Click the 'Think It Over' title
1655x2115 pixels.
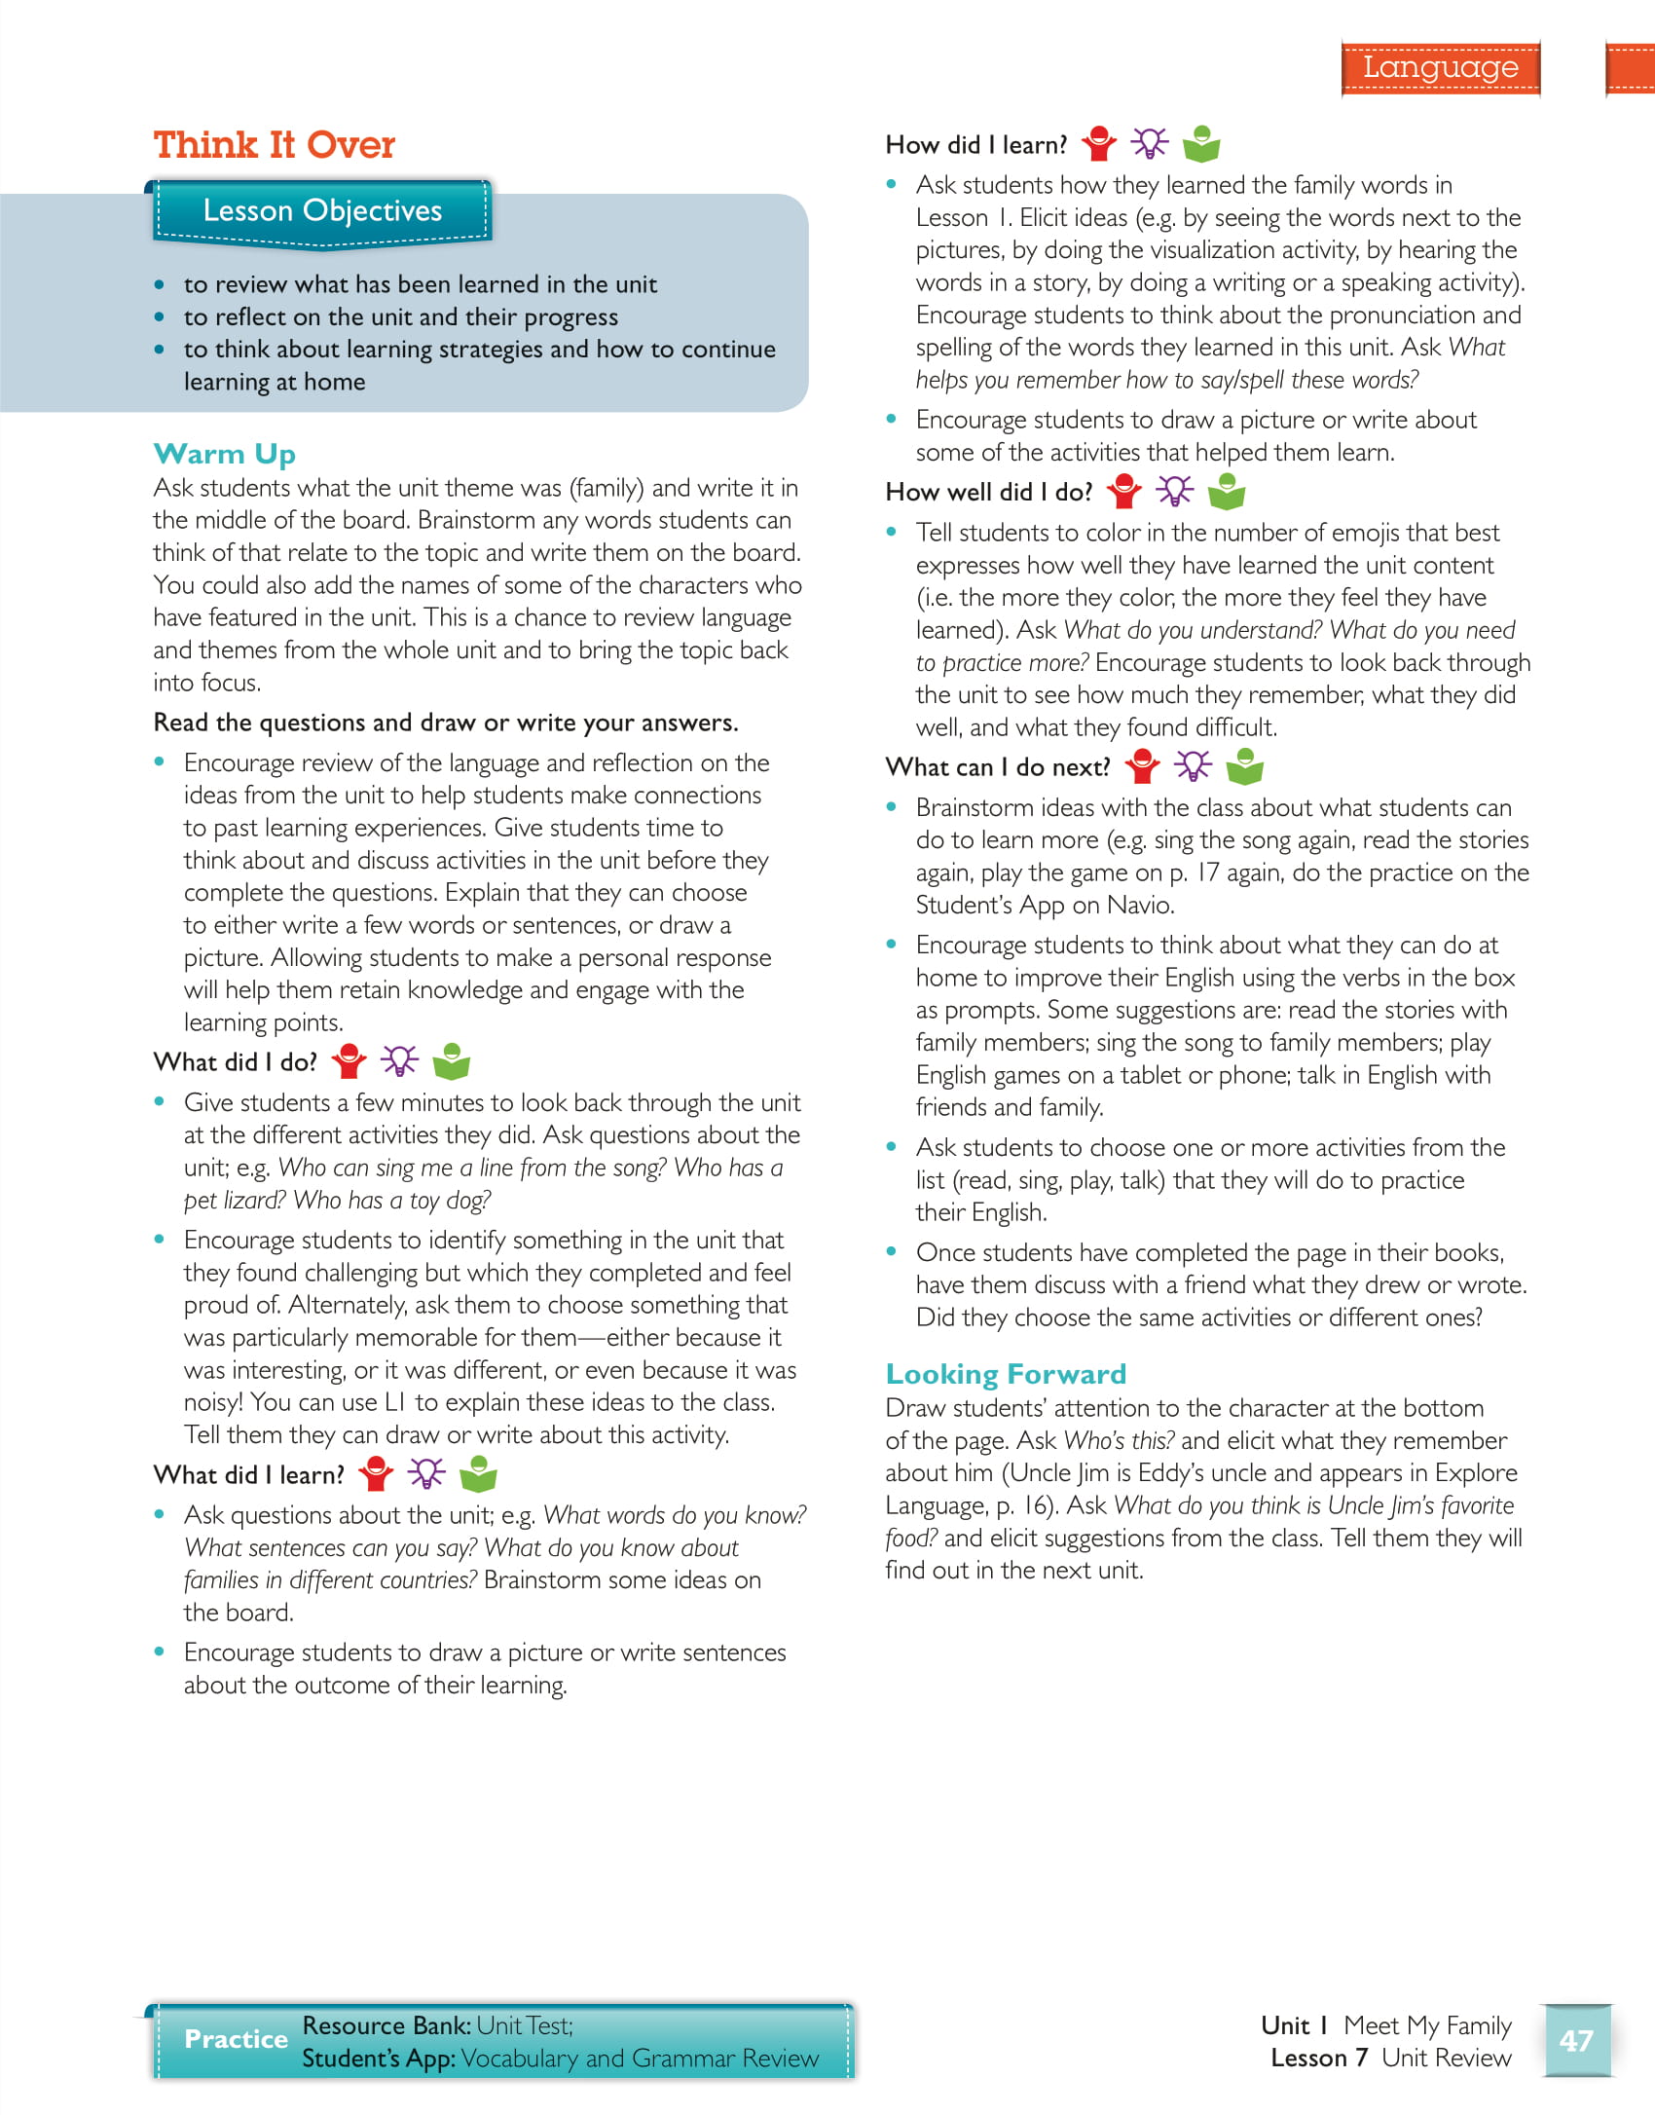pyautogui.click(x=274, y=145)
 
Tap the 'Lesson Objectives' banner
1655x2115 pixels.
pyautogui.click(x=322, y=210)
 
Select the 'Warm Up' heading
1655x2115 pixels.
pyautogui.click(x=224, y=454)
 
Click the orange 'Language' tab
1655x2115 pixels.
pyautogui.click(x=1440, y=67)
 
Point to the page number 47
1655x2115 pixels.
pyautogui.click(x=1576, y=2040)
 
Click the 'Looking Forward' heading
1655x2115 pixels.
pyautogui.click(x=1006, y=1374)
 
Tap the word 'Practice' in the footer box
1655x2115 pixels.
pyautogui.click(x=236, y=2039)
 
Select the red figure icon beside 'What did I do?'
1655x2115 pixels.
pyautogui.click(x=349, y=1061)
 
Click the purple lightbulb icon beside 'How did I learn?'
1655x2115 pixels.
pyautogui.click(x=1150, y=144)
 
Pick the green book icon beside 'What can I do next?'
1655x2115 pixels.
pyautogui.click(x=1244, y=767)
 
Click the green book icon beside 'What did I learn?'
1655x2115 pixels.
pyautogui.click(x=478, y=1474)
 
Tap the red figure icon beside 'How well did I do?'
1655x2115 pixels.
pyautogui.click(x=1124, y=492)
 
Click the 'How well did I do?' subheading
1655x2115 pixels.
pyautogui.click(x=988, y=493)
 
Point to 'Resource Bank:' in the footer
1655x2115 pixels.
pyautogui.click(x=386, y=2025)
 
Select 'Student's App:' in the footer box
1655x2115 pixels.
pyautogui.click(x=378, y=2059)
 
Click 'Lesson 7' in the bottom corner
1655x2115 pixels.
pyautogui.click(x=1319, y=2058)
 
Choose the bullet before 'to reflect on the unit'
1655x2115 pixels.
pyautogui.click(x=160, y=317)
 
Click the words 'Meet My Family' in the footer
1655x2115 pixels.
pyautogui.click(x=1427, y=2025)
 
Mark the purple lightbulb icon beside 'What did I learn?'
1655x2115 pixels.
pyautogui.click(x=426, y=1474)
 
